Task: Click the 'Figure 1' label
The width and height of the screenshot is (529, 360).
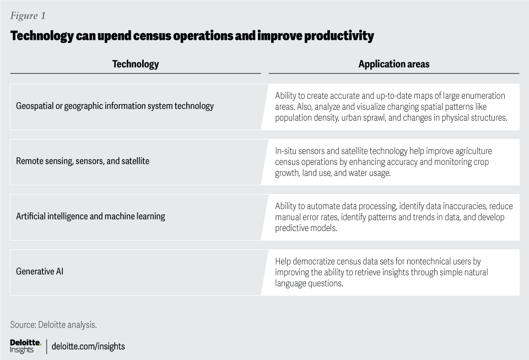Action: pyautogui.click(x=28, y=16)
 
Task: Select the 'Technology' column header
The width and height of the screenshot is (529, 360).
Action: pyautogui.click(x=136, y=64)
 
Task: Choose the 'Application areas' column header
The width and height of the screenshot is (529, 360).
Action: pyautogui.click(x=393, y=64)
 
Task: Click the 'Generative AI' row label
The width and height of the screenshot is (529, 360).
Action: pyautogui.click(x=40, y=272)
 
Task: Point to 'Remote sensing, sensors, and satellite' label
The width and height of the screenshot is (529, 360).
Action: pyautogui.click(x=83, y=162)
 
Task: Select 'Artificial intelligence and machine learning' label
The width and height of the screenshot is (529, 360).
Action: pyautogui.click(x=90, y=216)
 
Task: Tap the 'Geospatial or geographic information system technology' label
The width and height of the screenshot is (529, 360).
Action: pyautogui.click(x=115, y=106)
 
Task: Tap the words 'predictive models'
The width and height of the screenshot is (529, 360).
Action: pyautogui.click(x=306, y=228)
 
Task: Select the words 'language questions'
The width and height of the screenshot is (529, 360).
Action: pyautogui.click(x=309, y=283)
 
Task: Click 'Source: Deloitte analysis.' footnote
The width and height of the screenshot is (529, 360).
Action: pyautogui.click(x=53, y=325)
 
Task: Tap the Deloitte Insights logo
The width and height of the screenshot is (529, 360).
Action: pyautogui.click(x=26, y=347)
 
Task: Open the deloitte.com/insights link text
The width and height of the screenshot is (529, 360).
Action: pyautogui.click(x=88, y=347)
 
